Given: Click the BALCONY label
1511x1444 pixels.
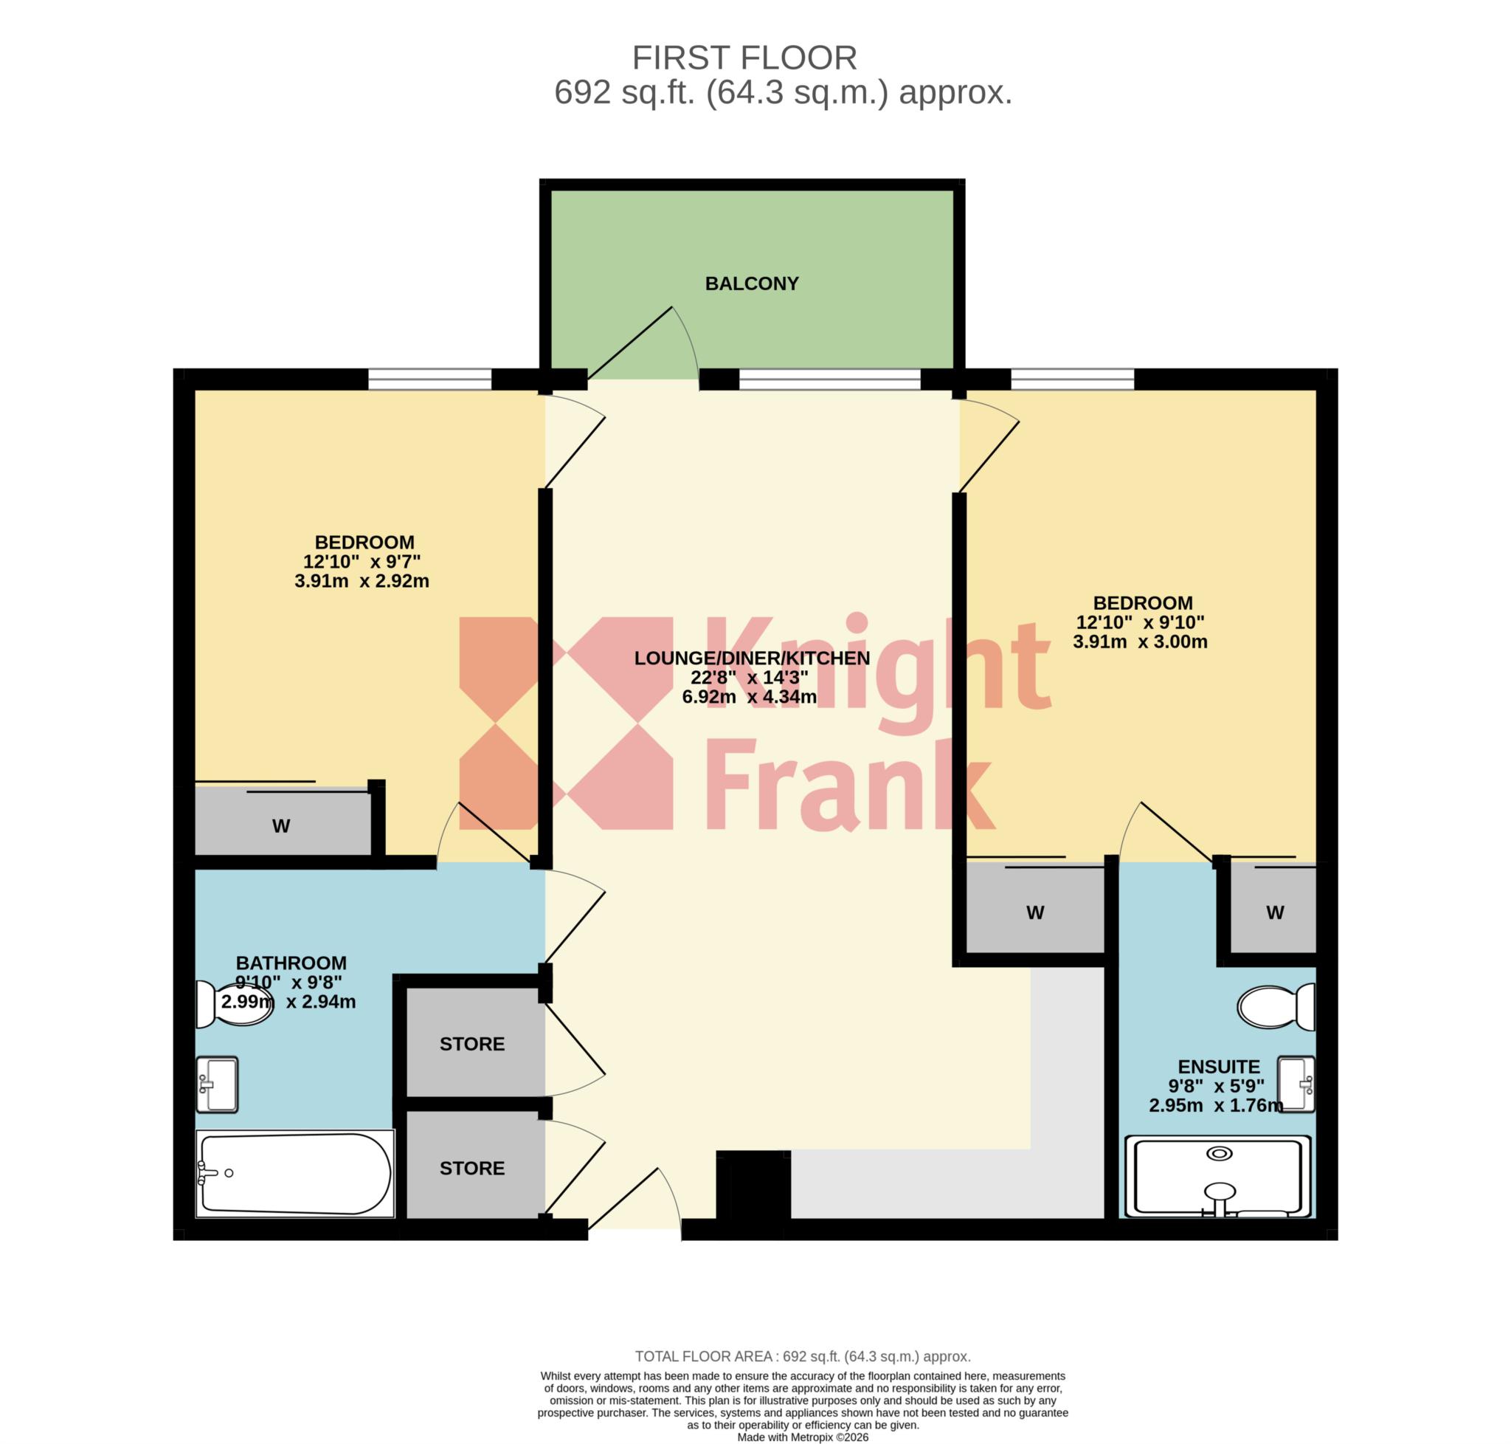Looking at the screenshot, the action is click(x=752, y=283).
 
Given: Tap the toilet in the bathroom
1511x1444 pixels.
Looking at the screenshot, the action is click(x=234, y=1004).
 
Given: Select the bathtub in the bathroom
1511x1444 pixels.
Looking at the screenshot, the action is click(x=294, y=1173).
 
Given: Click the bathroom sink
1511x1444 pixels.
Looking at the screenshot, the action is click(x=217, y=1084).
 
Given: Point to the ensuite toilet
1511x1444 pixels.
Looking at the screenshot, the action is click(x=1276, y=1007).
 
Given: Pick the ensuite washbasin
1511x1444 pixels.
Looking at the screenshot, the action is click(x=1296, y=1084).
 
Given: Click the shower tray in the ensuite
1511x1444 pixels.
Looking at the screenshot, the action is click(x=1219, y=1177).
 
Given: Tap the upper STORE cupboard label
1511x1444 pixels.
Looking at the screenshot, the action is click(x=471, y=1044).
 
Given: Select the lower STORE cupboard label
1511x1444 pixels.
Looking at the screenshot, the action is click(x=471, y=1168).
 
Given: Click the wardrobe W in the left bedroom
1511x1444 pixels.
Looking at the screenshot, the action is click(x=281, y=826).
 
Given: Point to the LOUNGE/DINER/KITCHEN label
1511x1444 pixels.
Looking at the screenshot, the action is click(x=752, y=658).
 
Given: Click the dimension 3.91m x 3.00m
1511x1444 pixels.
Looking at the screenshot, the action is click(x=1140, y=642).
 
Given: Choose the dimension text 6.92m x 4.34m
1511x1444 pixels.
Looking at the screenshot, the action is click(x=750, y=697).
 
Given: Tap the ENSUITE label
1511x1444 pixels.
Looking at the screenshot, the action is click(x=1219, y=1067).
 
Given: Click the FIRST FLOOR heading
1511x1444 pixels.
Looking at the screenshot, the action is click(x=744, y=58).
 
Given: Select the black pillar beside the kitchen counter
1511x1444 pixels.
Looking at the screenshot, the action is click(x=753, y=1184).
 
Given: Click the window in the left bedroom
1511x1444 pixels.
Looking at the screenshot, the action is click(x=429, y=379).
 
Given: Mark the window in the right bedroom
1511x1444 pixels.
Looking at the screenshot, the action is click(x=1073, y=379).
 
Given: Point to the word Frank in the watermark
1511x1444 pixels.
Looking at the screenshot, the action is click(x=850, y=783).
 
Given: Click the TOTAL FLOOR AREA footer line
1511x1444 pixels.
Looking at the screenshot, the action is click(x=803, y=1356).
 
